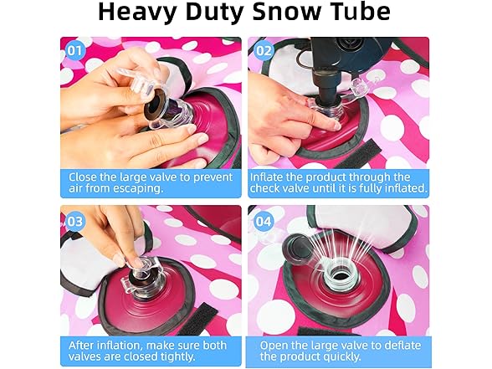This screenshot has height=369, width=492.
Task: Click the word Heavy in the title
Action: click(x=138, y=13)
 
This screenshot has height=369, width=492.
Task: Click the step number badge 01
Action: click(x=74, y=50)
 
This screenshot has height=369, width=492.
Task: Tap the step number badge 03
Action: click(x=74, y=221)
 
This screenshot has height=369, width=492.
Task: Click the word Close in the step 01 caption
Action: click(x=84, y=177)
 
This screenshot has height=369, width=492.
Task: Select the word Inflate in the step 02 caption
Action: click(x=269, y=177)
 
